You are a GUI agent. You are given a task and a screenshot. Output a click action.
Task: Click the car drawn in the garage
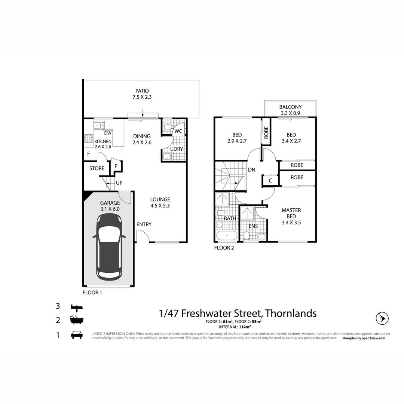109,247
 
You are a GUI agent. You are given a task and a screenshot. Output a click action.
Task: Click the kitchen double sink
99,125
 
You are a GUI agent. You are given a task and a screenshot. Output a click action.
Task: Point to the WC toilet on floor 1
168,128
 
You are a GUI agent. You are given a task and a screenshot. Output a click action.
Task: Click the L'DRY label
177,149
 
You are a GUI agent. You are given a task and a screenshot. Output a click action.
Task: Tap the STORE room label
97,169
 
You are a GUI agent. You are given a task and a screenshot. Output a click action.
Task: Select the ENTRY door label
144,224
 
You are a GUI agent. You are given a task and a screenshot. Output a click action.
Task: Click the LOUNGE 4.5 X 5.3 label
160,202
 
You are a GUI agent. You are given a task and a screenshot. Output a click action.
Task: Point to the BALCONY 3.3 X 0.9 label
290,110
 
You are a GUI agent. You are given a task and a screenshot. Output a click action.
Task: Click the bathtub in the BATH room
226,236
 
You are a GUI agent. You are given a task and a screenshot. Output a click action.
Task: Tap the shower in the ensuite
247,213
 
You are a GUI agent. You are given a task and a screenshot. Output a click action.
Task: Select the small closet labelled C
270,180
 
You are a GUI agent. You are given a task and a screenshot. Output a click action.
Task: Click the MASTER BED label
291,213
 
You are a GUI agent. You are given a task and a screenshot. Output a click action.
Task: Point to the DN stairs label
252,170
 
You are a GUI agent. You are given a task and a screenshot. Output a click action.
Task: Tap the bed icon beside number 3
77,307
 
